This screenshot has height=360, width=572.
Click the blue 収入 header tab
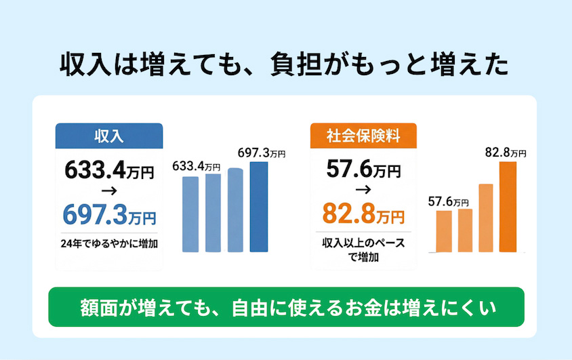(x=108, y=136)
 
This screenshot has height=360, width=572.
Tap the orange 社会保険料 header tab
(x=363, y=136)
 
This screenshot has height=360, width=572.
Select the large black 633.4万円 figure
(x=109, y=170)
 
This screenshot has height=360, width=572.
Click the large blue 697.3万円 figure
(x=109, y=215)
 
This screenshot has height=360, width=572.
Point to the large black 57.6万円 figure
(x=363, y=169)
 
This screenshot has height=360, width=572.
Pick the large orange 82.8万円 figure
(x=363, y=215)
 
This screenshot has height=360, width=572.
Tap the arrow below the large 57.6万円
(x=362, y=193)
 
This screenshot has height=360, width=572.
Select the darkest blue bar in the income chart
(x=259, y=207)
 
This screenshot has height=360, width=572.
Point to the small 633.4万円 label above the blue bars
(x=197, y=166)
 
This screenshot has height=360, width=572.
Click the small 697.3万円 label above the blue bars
(x=262, y=153)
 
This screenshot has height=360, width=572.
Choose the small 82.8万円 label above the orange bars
(x=506, y=153)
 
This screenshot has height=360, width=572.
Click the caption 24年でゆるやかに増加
(x=109, y=243)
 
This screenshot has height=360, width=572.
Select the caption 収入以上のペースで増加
(x=363, y=249)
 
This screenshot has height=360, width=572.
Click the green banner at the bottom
(x=286, y=307)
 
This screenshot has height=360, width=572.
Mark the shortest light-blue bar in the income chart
(x=191, y=214)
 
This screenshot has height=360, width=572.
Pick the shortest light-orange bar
(x=444, y=231)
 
